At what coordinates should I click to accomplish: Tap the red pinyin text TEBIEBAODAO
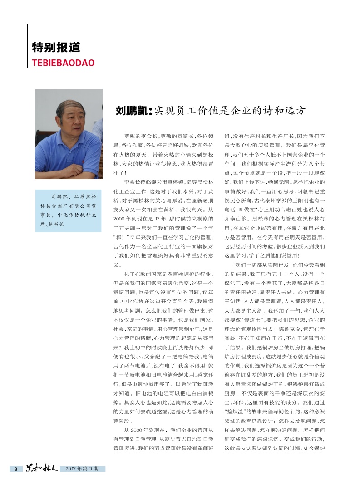tap(63, 63)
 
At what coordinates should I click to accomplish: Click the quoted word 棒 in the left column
tap(119, 236)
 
